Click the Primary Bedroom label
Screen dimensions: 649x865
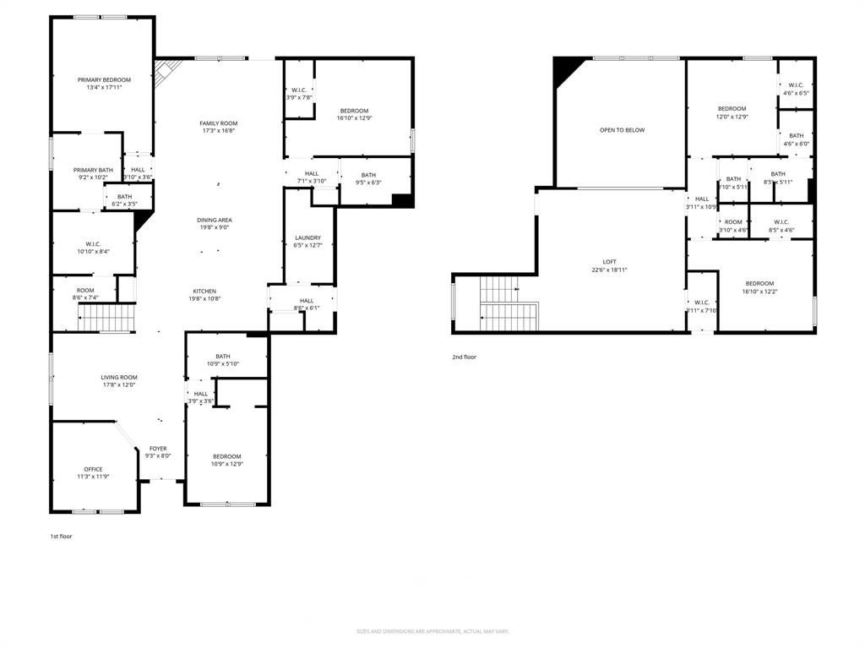104,79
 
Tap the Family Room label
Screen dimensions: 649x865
218,123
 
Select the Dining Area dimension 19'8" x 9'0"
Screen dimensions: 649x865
215,227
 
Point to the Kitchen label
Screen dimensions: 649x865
204,291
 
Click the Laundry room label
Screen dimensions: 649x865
307,237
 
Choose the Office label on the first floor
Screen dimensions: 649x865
93,469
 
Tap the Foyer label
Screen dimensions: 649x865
158,449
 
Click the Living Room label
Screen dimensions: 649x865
119,378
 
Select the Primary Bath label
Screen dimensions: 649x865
93,170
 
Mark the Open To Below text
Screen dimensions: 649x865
622,130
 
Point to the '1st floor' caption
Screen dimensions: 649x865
61,536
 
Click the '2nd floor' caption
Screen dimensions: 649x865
464,357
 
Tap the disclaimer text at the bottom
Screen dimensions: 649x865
432,631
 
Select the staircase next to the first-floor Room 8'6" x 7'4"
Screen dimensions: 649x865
107,319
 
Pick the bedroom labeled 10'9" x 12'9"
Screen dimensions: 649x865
226,460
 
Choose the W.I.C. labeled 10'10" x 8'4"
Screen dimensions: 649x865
93,248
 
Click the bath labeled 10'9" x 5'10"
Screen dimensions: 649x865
222,360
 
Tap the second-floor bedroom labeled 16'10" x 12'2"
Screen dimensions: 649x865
759,287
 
